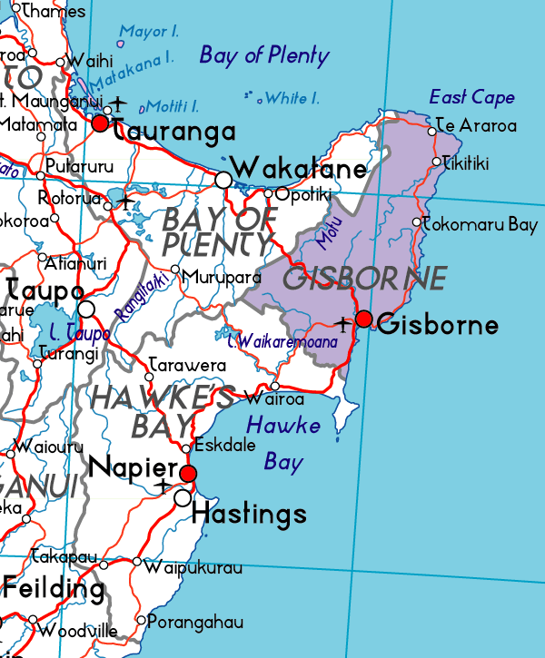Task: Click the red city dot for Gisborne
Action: point(364,319)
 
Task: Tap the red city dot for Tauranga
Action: point(100,123)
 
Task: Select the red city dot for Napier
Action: point(188,474)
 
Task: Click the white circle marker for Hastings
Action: point(183,497)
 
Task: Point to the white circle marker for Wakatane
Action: point(223,180)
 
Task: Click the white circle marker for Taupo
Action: point(86,309)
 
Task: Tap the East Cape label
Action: point(471,97)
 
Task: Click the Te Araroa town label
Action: point(476,126)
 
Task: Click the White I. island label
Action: point(291,98)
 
